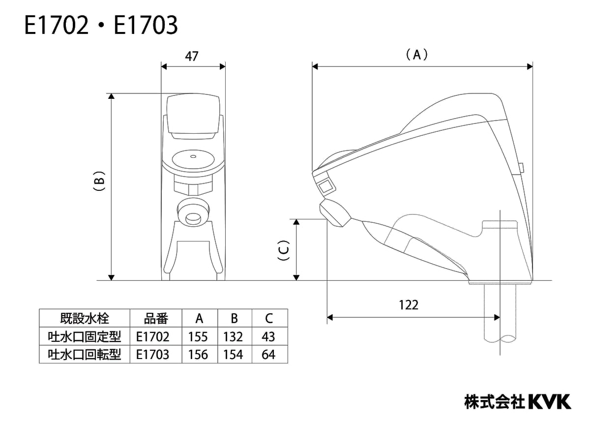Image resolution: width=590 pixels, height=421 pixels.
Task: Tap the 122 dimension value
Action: tap(409, 305)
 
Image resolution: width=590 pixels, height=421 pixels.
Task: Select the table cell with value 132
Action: tap(234, 336)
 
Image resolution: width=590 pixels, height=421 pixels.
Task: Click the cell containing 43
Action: tap(269, 336)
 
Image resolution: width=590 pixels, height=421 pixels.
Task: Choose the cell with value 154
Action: tap(234, 354)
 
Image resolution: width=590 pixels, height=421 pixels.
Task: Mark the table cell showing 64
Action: tap(269, 354)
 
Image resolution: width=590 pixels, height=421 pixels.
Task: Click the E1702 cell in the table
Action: tap(153, 336)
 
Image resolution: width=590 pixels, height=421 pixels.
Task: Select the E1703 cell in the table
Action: tap(153, 354)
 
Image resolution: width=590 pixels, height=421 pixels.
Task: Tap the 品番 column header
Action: tap(156, 319)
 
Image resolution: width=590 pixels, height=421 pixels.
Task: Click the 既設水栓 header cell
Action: tap(84, 319)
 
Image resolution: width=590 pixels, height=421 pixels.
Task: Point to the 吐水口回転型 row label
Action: tap(84, 354)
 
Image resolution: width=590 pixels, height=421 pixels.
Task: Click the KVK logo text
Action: tap(550, 401)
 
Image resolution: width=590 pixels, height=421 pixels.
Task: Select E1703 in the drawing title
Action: tap(146, 26)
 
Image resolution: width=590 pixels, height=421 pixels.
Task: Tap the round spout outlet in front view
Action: tap(193, 213)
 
